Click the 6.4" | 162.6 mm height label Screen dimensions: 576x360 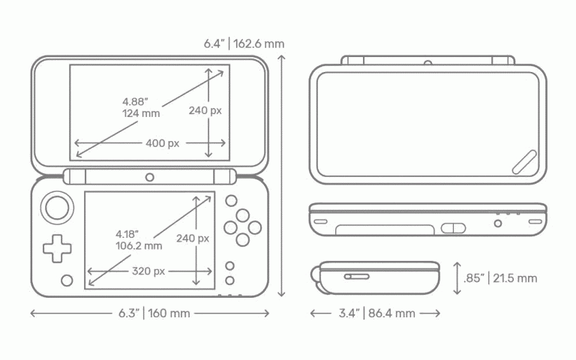(244, 43)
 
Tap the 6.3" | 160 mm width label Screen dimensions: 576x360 (154, 313)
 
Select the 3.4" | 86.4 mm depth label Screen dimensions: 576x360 (377, 313)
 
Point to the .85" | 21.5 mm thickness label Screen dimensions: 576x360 (500, 278)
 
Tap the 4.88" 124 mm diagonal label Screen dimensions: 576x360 (141, 107)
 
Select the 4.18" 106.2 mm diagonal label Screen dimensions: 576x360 (139, 240)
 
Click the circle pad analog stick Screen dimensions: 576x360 (57, 208)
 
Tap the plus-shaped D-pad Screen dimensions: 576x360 (57, 249)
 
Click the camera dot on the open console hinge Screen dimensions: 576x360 (149, 178)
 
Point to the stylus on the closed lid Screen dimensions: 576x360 (524, 162)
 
